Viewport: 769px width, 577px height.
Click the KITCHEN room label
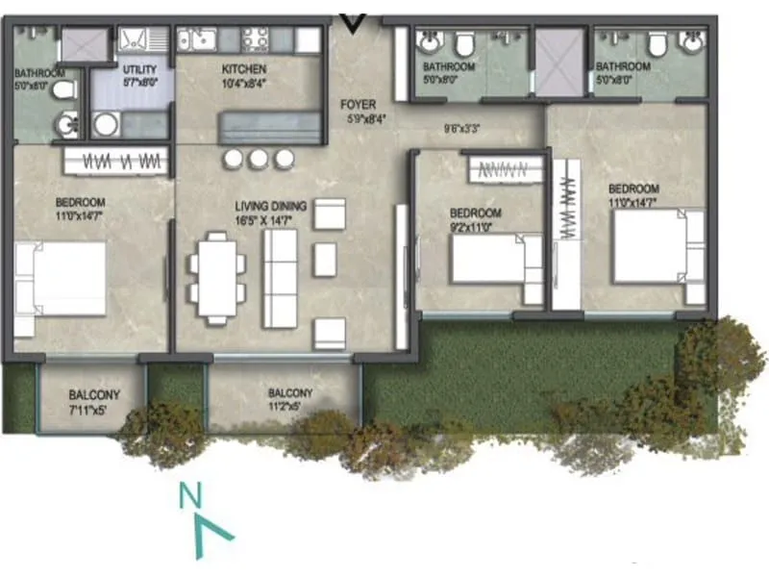coord(244,69)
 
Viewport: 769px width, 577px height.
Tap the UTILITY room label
coord(132,69)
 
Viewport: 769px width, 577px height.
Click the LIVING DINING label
coord(271,206)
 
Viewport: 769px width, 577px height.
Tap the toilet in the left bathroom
coord(63,91)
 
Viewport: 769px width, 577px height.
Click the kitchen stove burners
coord(255,40)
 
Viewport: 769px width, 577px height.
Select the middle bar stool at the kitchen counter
coord(257,159)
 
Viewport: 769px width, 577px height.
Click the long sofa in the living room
coord(281,279)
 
